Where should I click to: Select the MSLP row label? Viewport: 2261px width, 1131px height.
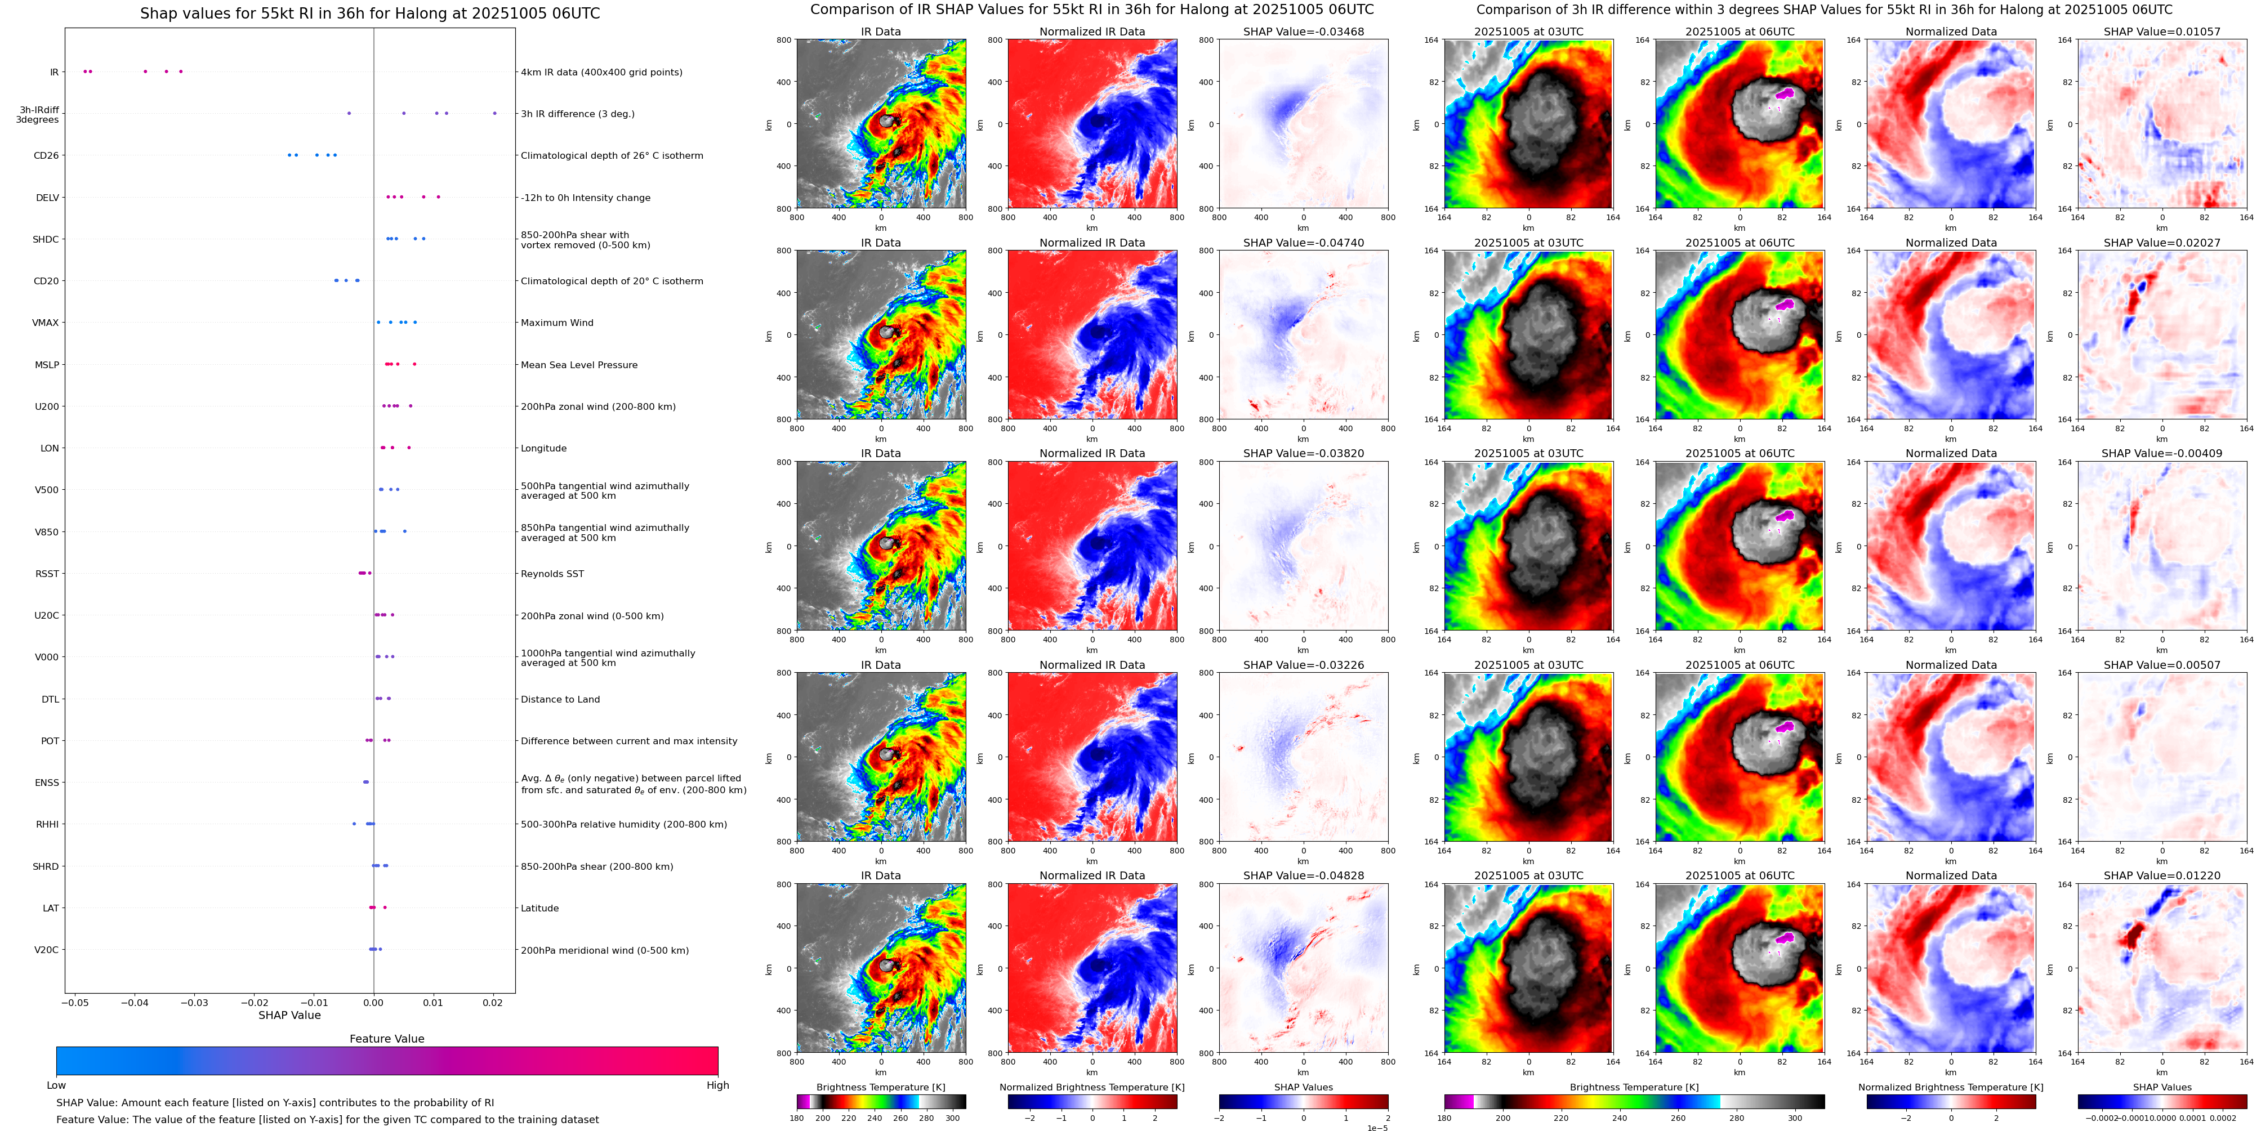point(47,365)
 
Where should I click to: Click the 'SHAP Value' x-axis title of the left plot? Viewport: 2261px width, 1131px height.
point(289,1015)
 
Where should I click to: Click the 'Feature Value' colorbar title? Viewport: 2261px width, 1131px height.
point(386,1039)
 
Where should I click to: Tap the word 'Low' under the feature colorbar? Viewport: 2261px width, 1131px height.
point(56,1085)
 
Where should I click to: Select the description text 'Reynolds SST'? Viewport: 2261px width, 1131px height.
point(552,574)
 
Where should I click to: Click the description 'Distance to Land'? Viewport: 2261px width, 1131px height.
point(560,699)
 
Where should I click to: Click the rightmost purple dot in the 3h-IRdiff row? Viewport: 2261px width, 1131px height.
point(494,113)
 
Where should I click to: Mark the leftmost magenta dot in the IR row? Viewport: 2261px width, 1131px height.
point(84,71)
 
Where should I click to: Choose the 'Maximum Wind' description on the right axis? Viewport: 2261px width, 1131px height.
point(556,323)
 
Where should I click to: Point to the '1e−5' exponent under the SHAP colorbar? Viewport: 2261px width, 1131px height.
point(1376,1128)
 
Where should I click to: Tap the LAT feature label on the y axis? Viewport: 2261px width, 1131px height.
point(50,908)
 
